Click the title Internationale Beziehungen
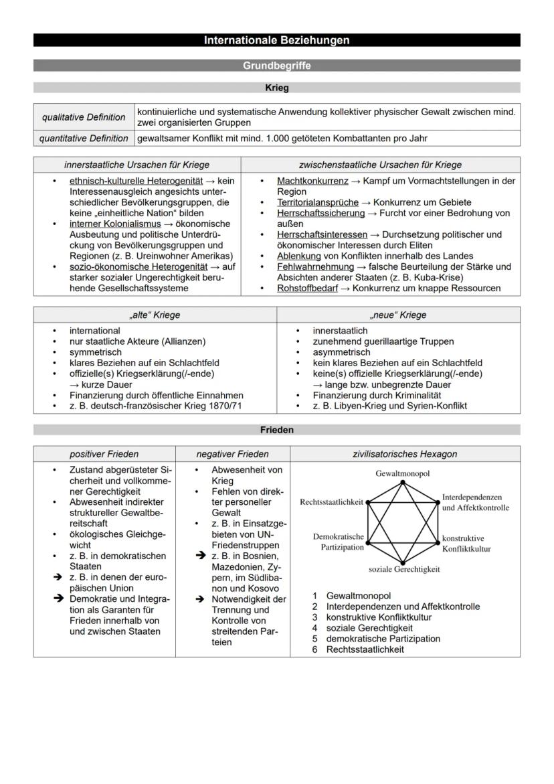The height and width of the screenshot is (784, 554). pyautogui.click(x=276, y=41)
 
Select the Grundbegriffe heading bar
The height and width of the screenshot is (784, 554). pyautogui.click(x=276, y=66)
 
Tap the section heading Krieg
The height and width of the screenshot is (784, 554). pyautogui.click(x=276, y=88)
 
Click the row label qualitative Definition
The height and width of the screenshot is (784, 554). pyautogui.click(x=84, y=117)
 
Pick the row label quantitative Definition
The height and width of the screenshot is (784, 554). pyautogui.click(x=84, y=139)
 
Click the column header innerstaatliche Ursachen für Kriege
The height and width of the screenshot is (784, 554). pyautogui.click(x=136, y=165)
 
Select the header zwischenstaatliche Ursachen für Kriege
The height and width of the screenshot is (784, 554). pyautogui.click(x=380, y=165)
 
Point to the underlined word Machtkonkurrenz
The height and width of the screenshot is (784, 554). pyautogui.click(x=312, y=181)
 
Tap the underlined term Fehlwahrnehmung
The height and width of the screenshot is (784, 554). pyautogui.click(x=315, y=266)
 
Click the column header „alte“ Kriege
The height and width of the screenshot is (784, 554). pyautogui.click(x=155, y=315)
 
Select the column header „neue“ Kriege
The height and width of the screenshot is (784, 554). pyautogui.click(x=398, y=315)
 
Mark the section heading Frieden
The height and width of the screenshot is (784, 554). pyautogui.click(x=276, y=430)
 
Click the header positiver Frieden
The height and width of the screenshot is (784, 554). pyautogui.click(x=104, y=454)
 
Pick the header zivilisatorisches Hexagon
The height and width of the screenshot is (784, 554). pyautogui.click(x=405, y=454)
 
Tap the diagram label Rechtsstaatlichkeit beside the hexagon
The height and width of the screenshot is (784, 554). pyautogui.click(x=331, y=501)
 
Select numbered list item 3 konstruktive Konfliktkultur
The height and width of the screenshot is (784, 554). pyautogui.click(x=379, y=617)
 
